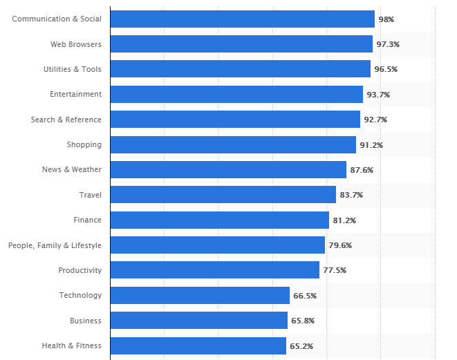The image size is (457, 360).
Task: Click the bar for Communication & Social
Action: (x=242, y=19)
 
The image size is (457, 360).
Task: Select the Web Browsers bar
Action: (x=241, y=44)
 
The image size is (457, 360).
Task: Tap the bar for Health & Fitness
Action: (x=198, y=345)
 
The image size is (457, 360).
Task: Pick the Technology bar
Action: (x=200, y=296)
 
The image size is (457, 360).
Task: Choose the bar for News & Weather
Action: (x=228, y=170)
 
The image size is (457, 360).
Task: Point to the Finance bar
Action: (x=219, y=220)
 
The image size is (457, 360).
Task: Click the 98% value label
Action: (x=386, y=19)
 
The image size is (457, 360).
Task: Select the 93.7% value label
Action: (x=377, y=95)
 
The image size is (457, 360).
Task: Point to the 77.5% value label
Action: (x=335, y=270)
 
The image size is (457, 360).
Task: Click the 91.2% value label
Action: (x=371, y=145)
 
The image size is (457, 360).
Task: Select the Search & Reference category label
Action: (x=66, y=120)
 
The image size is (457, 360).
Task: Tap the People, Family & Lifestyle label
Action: (x=55, y=245)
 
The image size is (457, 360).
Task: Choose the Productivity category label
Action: (x=80, y=270)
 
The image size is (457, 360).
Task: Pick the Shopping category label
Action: (x=84, y=144)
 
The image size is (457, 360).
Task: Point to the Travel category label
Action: (x=91, y=195)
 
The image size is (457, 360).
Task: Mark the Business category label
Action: (x=86, y=321)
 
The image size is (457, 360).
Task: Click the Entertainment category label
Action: (x=76, y=94)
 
